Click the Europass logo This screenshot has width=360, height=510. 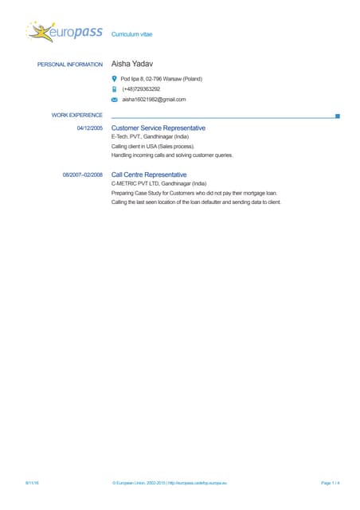pyautogui.click(x=64, y=33)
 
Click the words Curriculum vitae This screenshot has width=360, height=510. pyautogui.click(x=131, y=35)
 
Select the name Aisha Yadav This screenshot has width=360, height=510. pyautogui.click(x=132, y=64)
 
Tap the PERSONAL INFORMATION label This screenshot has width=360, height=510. pyautogui.click(x=70, y=65)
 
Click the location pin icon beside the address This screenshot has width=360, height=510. pyautogui.click(x=115, y=79)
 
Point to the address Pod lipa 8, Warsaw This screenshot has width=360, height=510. pyautogui.click(x=161, y=79)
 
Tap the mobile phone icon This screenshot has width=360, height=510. pyautogui.click(x=115, y=89)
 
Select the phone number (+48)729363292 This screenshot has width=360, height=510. pyautogui.click(x=141, y=89)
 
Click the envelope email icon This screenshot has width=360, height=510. pyautogui.click(x=115, y=100)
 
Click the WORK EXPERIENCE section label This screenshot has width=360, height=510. pyautogui.click(x=77, y=116)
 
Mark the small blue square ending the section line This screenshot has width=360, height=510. pyautogui.click(x=338, y=116)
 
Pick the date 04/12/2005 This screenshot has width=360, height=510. pyautogui.click(x=89, y=127)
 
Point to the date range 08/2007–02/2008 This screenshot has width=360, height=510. pyautogui.click(x=83, y=174)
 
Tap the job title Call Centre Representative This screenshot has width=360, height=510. pyautogui.click(x=149, y=174)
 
